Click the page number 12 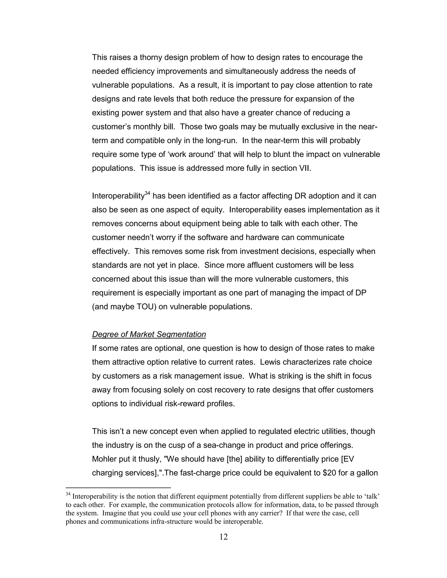pos(223,537)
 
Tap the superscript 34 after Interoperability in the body pos(148,193)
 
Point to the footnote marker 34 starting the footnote pos(68,494)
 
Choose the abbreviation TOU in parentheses pos(146,307)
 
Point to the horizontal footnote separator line pos(118,487)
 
